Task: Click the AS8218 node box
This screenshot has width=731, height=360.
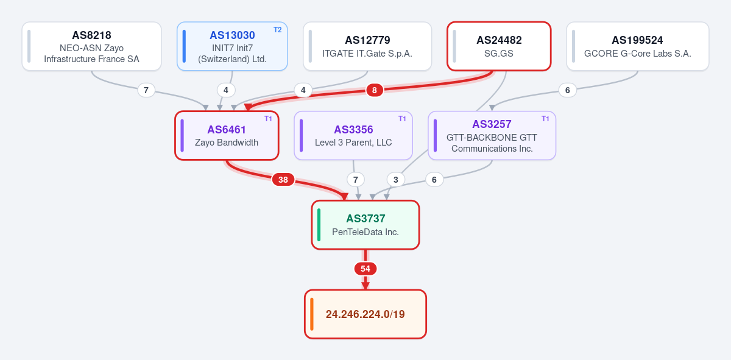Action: (92, 46)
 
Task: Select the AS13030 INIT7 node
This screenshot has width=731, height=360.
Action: (232, 46)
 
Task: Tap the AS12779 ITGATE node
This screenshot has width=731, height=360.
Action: (367, 46)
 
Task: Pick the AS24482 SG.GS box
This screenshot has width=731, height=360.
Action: (499, 46)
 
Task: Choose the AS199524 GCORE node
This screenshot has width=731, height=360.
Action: (638, 46)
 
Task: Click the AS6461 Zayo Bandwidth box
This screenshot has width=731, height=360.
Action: (227, 135)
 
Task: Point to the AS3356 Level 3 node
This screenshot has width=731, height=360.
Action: (353, 135)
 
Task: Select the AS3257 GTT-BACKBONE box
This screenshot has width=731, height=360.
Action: (492, 135)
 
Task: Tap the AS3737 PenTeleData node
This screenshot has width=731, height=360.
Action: (365, 225)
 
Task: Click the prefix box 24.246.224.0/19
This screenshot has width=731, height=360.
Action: (365, 314)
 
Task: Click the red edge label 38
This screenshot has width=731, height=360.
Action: (283, 180)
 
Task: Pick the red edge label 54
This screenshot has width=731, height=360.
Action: (365, 269)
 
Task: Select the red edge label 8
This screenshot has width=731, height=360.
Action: (375, 90)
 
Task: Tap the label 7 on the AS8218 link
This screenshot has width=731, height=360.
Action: (146, 90)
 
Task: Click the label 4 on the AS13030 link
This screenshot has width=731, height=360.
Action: (226, 90)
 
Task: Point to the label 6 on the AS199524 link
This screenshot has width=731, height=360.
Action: (568, 90)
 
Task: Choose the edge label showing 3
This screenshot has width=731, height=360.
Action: (396, 180)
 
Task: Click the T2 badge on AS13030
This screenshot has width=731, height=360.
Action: (277, 30)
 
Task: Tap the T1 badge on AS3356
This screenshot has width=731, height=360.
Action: (402, 119)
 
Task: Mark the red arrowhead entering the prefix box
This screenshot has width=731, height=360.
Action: (365, 286)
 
